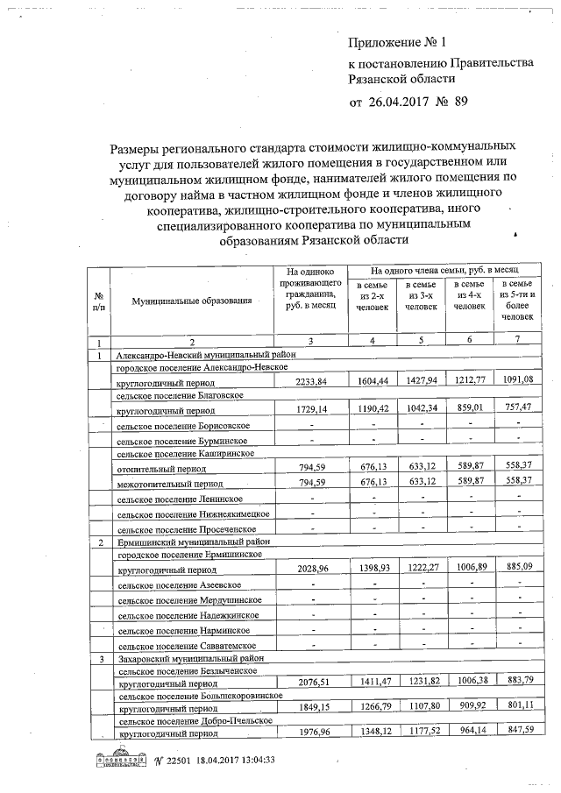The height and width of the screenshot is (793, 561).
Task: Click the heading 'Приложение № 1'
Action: pos(397,42)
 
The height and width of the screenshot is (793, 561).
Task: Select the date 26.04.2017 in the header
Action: pos(408,103)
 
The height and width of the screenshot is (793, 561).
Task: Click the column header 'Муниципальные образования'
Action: pos(192,301)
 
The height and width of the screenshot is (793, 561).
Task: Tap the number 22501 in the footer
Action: pos(175,760)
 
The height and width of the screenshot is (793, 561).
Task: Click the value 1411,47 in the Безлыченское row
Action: pos(373,682)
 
